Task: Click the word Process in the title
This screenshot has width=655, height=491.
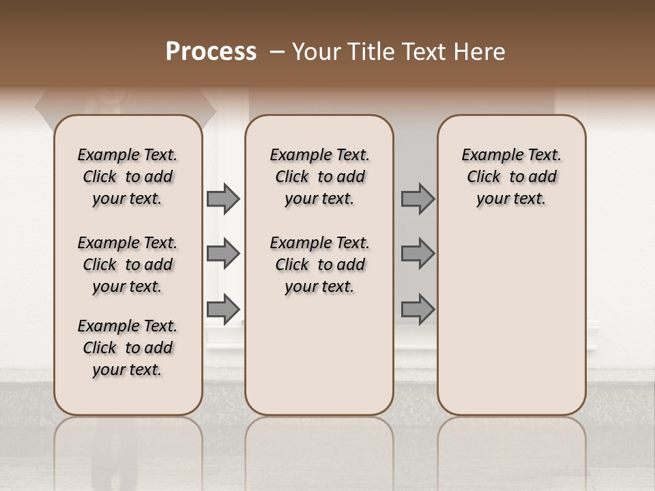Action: click(211, 52)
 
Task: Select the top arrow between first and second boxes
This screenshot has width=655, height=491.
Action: click(223, 199)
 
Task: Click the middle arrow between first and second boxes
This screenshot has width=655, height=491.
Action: click(223, 254)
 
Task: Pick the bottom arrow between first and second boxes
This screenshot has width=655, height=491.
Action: click(223, 309)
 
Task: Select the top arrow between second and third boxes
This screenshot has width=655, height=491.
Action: click(418, 199)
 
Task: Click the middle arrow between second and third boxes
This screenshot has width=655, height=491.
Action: click(418, 254)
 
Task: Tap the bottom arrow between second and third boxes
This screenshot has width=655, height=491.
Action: click(418, 309)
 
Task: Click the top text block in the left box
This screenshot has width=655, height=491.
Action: click(128, 177)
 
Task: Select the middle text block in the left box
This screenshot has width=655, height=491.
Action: click(128, 265)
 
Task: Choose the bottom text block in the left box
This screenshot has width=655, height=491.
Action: click(128, 348)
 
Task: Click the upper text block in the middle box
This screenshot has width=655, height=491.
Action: click(319, 177)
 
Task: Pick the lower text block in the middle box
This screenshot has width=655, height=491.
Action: click(319, 265)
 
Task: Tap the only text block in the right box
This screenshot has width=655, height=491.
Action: click(512, 177)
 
